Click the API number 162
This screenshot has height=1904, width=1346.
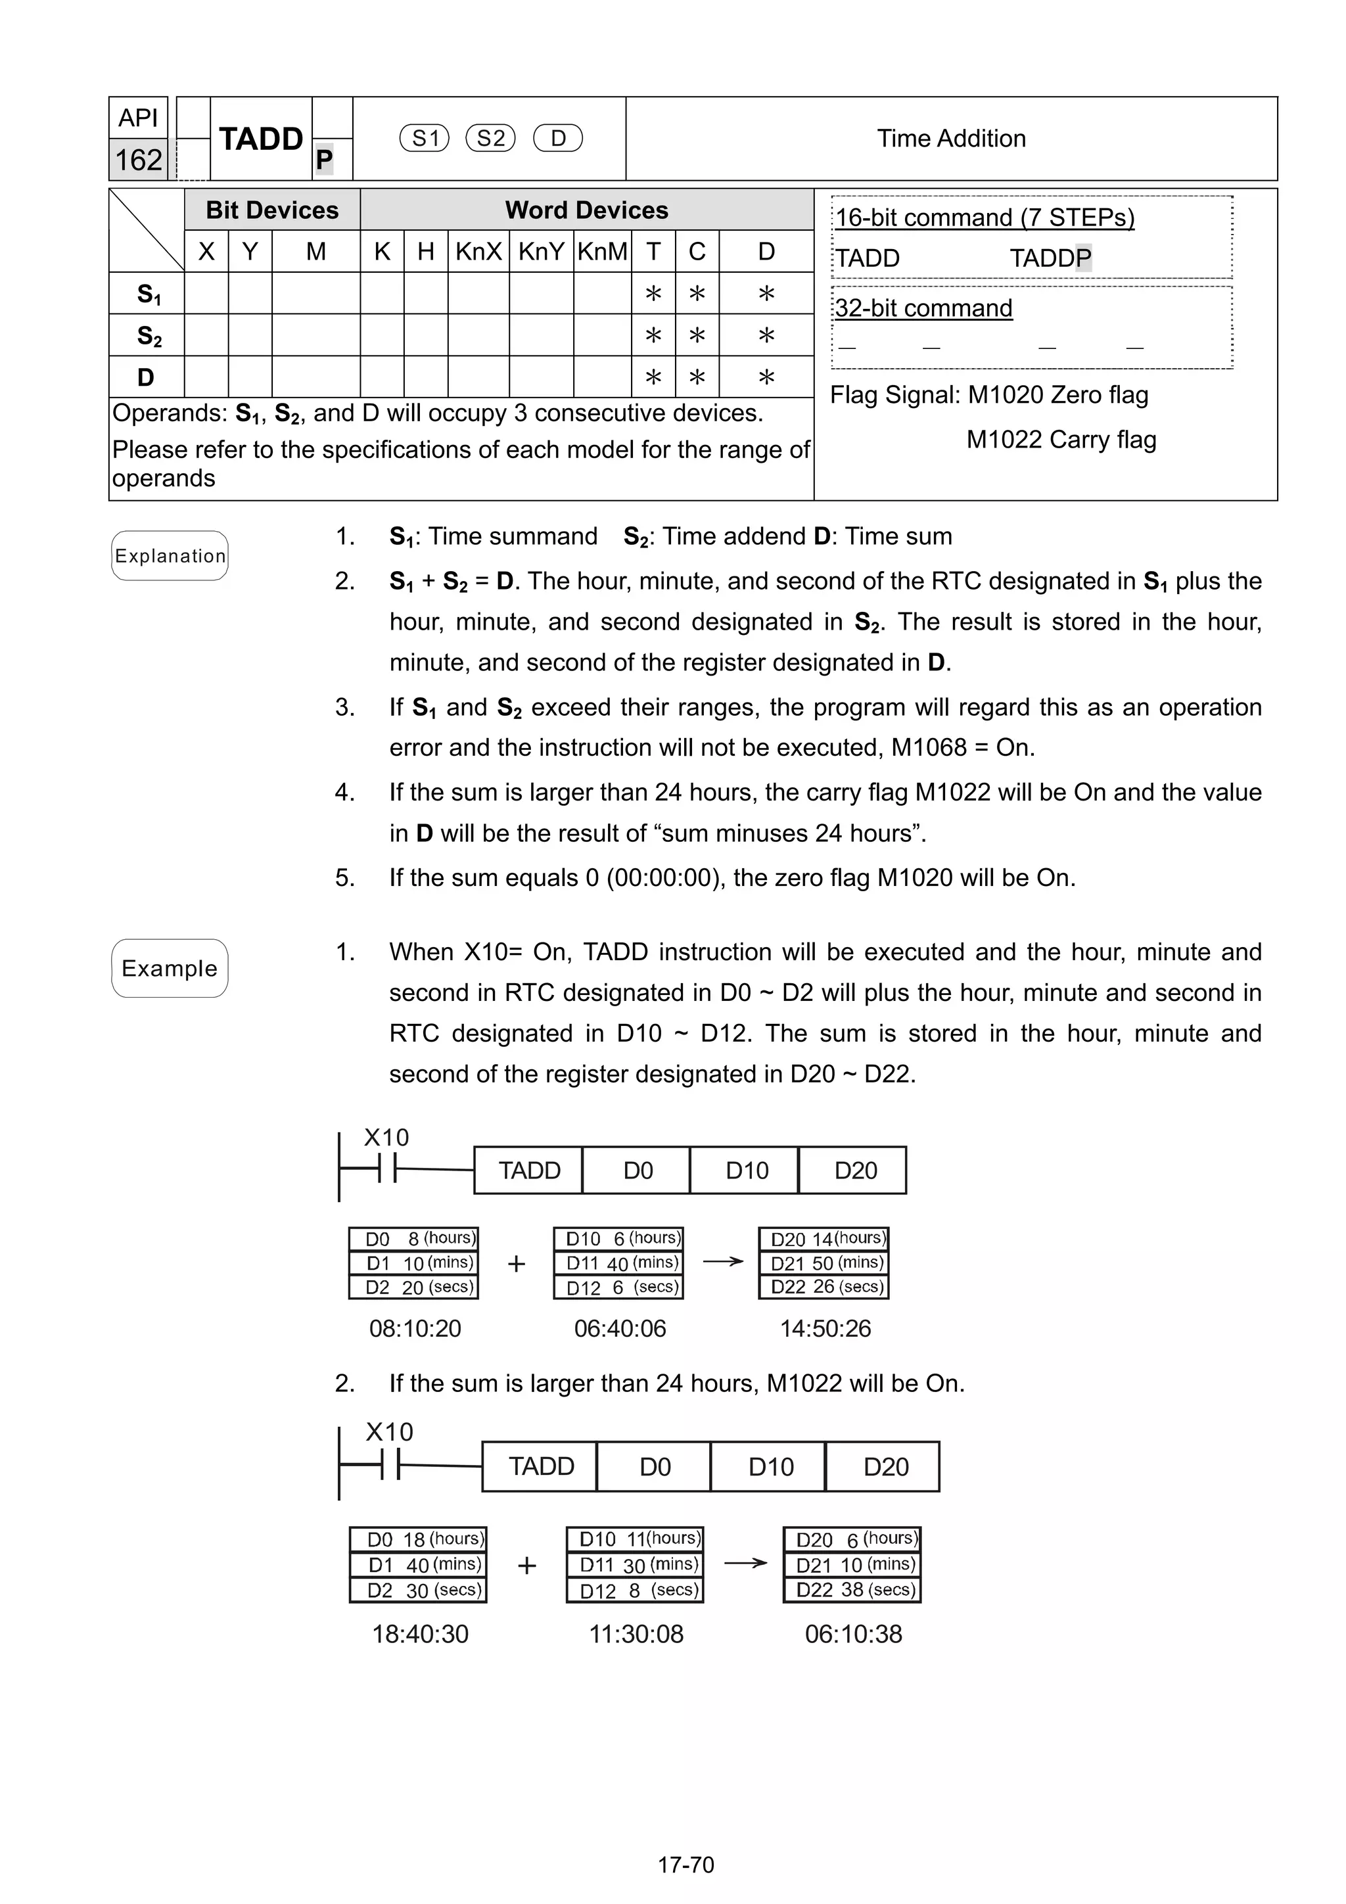139,159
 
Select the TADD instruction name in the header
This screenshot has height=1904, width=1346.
260,139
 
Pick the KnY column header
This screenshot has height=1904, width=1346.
541,251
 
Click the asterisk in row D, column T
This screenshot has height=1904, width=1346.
653,377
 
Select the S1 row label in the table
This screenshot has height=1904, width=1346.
148,294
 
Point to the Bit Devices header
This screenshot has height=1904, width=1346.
272,210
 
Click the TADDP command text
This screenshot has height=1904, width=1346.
1050,258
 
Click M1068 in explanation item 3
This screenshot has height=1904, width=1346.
928,747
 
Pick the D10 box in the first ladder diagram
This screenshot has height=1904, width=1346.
747,1170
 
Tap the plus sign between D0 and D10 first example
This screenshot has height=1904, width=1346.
516,1264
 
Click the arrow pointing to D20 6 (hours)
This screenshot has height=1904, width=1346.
745,1563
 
